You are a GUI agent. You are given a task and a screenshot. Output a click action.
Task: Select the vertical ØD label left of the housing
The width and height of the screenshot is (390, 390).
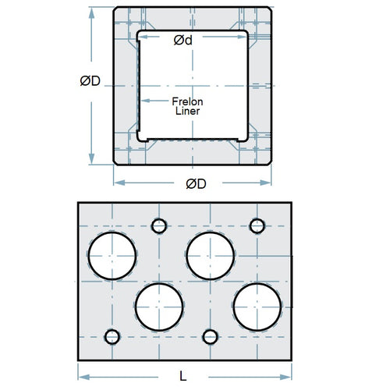(90, 82)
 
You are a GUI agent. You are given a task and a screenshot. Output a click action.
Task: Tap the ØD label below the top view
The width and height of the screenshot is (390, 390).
(195, 184)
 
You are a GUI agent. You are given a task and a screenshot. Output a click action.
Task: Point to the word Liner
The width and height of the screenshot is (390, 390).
(187, 112)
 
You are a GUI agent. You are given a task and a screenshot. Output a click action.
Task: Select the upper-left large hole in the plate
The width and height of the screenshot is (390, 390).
(112, 256)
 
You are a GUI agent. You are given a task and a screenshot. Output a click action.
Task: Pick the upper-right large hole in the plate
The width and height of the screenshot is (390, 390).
(211, 256)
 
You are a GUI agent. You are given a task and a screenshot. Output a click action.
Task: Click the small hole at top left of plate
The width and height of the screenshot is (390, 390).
(159, 225)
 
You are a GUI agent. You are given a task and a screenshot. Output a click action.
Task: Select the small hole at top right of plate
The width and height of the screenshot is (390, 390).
(257, 225)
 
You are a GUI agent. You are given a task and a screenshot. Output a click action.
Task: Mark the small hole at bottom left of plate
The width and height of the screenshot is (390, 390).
(112, 336)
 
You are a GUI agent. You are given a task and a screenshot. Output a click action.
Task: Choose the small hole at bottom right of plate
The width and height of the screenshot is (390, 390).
(209, 336)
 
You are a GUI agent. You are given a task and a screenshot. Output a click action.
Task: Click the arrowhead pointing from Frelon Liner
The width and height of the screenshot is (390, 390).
(143, 100)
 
